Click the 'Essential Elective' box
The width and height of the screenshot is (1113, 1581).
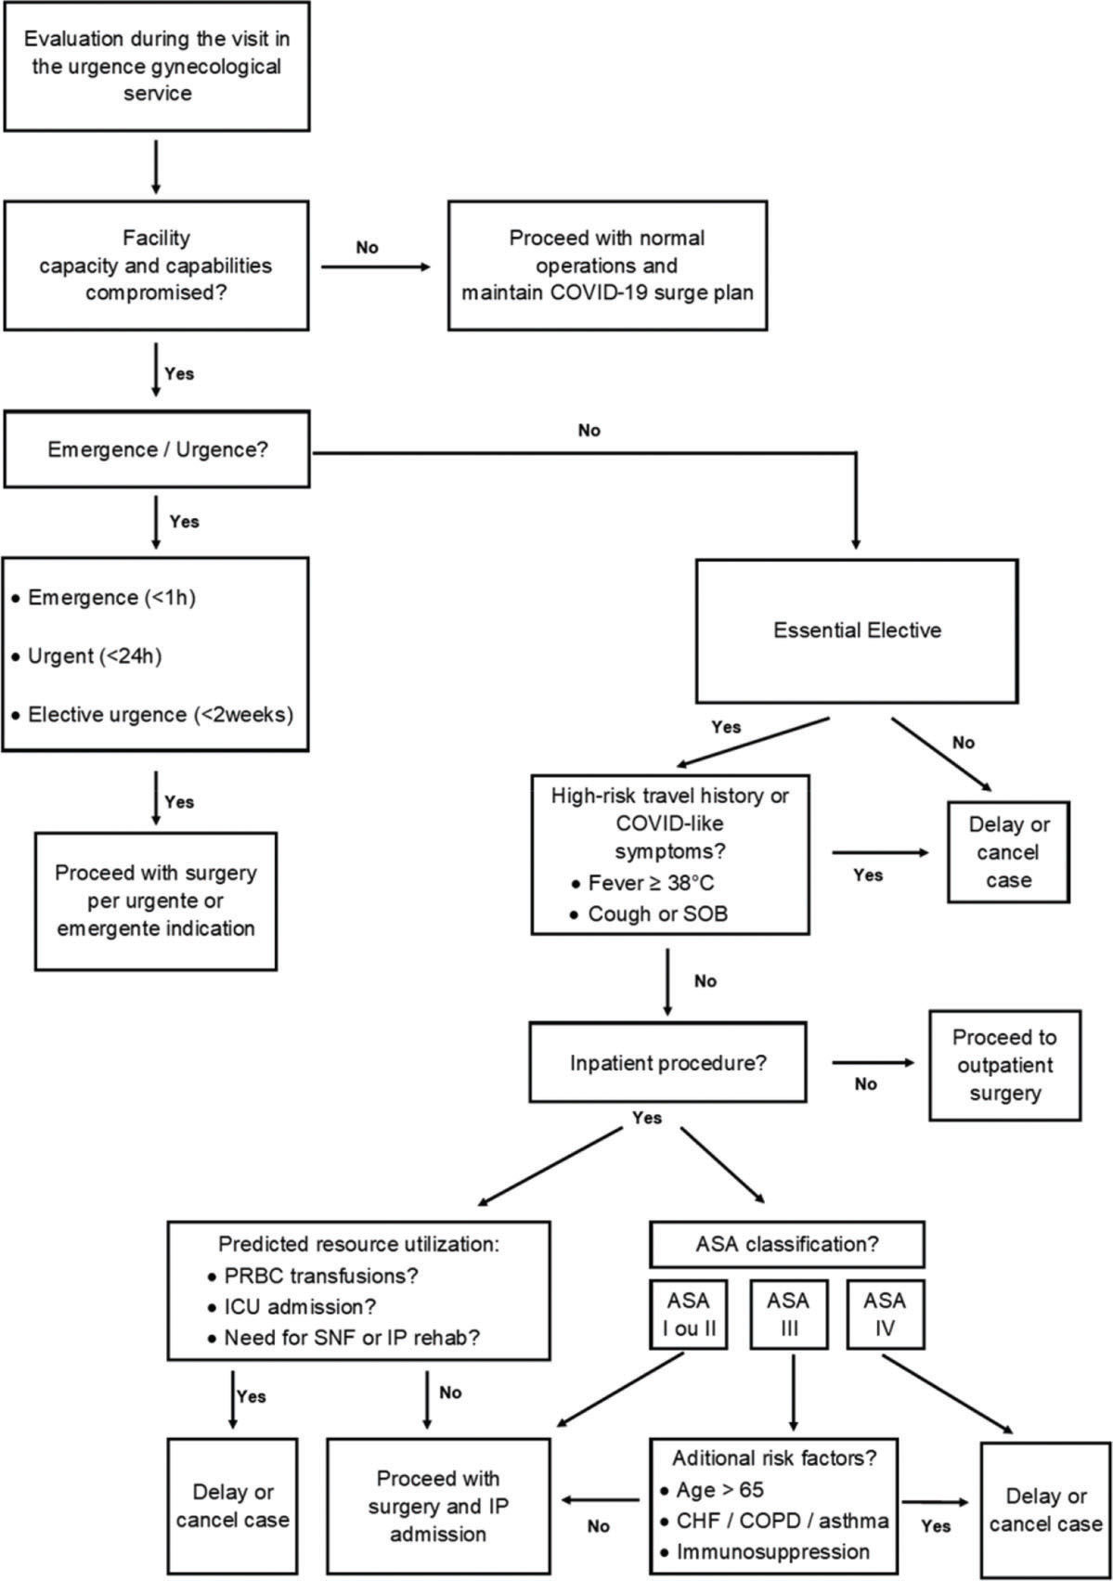(x=857, y=630)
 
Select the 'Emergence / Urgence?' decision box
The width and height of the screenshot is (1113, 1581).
(x=156, y=450)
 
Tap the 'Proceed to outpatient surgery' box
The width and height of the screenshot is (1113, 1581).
(x=1004, y=1065)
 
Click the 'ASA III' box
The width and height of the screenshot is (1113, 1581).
(x=788, y=1315)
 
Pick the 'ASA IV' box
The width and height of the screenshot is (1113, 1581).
(x=884, y=1315)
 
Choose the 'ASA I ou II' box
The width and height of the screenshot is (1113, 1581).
(x=688, y=1315)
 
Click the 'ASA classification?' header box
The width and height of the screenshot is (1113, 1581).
(x=786, y=1244)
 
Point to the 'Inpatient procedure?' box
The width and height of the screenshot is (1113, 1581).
(x=667, y=1063)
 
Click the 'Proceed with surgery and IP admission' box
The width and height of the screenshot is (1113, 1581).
(x=438, y=1506)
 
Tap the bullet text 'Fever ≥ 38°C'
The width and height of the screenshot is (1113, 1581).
(x=651, y=883)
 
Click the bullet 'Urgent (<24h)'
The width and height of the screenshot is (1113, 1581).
(x=95, y=656)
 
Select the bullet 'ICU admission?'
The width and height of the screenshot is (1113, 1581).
(x=300, y=1306)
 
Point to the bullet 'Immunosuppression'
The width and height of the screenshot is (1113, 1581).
(x=772, y=1551)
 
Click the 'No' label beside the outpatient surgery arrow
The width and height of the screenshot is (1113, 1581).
(x=865, y=1084)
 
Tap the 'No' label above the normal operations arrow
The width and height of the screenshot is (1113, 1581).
(x=367, y=247)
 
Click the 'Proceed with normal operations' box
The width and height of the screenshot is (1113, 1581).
(x=607, y=266)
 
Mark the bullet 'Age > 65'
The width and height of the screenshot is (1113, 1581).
(x=719, y=1490)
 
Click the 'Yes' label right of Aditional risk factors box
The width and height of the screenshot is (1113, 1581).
(x=936, y=1525)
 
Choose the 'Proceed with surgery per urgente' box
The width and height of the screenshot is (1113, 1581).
(x=156, y=901)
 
